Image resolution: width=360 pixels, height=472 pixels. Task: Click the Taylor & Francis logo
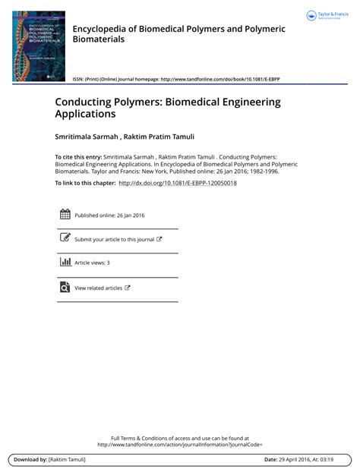pyautogui.click(x=326, y=16)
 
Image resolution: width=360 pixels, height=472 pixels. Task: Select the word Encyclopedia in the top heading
pyautogui.click(x=102, y=28)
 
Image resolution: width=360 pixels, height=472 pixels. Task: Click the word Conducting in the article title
pyautogui.click(x=83, y=102)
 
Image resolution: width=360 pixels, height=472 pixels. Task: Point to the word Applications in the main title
pyautogui.click(x=85, y=115)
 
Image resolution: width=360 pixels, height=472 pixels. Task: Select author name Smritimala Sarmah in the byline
pyautogui.click(x=86, y=138)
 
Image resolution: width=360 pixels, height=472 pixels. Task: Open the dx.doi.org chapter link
pyautogui.click(x=178, y=183)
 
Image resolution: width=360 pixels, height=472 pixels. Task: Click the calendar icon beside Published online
pyautogui.click(x=65, y=215)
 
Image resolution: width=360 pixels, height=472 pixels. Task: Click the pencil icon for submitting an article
pyautogui.click(x=65, y=238)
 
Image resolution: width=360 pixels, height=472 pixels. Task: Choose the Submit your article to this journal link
pyautogui.click(x=114, y=239)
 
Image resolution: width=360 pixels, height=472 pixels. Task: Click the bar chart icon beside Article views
pyautogui.click(x=65, y=262)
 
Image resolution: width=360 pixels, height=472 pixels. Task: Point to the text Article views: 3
pyautogui.click(x=92, y=263)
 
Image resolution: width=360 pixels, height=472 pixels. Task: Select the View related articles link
pyautogui.click(x=98, y=288)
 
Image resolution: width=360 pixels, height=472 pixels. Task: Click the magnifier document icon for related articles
pyautogui.click(x=65, y=288)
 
